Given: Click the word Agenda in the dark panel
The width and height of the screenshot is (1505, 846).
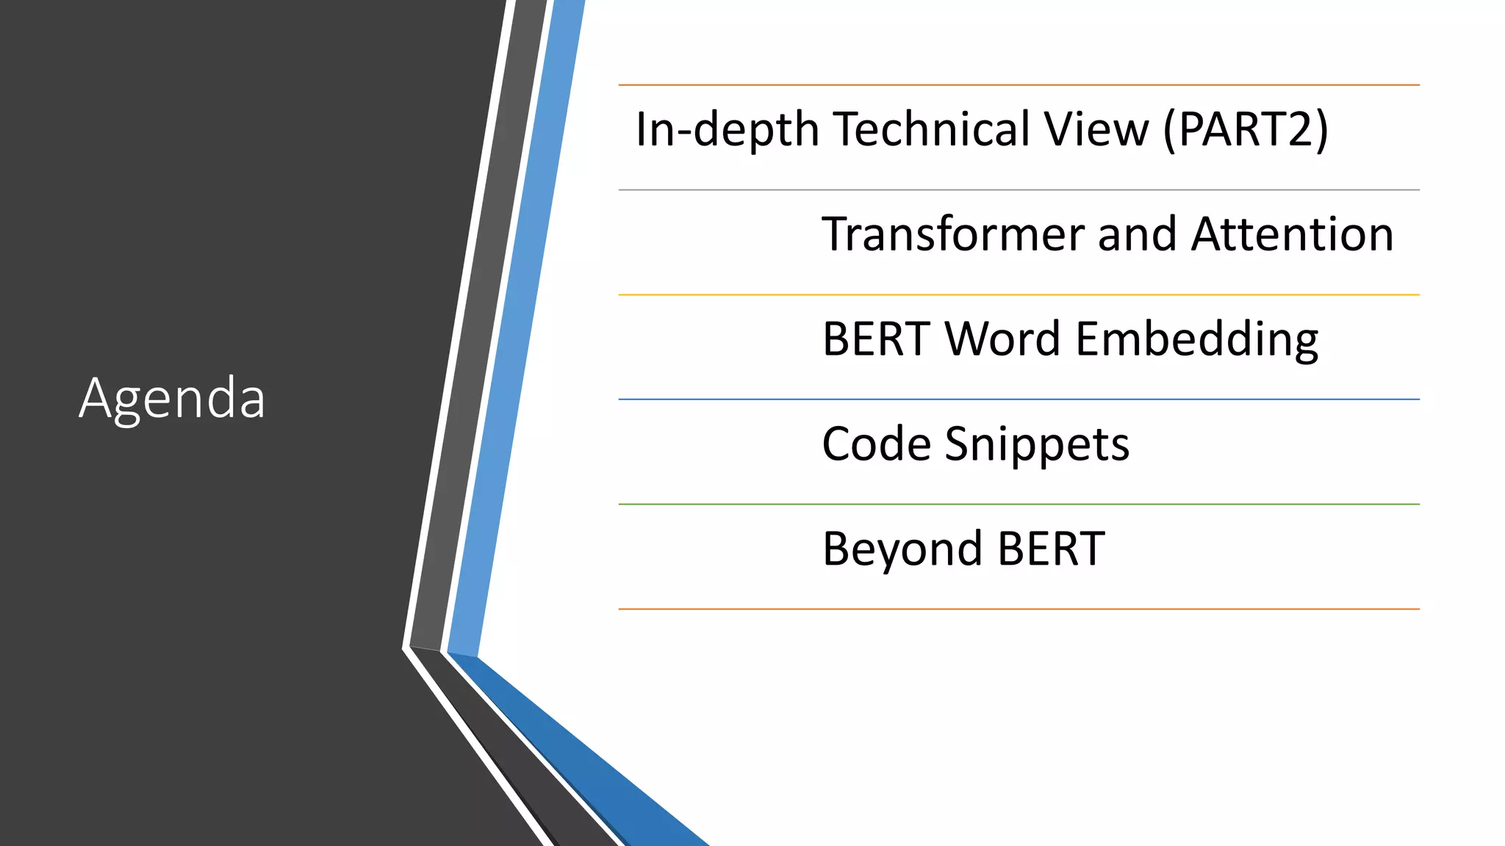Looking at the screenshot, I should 172,399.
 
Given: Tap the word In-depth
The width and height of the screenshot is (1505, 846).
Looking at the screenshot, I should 727,129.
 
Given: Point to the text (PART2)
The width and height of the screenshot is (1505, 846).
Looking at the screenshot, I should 1246,129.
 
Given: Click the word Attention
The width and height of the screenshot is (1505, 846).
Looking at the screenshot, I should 1293,234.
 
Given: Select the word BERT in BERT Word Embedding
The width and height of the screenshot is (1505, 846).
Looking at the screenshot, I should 876,339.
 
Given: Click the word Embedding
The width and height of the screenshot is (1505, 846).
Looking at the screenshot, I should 1197,341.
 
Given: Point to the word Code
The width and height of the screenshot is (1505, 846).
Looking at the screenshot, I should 876,444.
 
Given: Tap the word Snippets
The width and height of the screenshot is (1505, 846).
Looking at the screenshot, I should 1037,446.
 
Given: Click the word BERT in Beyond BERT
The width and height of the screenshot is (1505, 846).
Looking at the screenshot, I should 1052,549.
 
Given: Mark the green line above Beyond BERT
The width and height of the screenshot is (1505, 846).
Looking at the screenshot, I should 1019,505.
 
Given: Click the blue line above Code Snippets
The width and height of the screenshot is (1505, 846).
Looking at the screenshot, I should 1019,399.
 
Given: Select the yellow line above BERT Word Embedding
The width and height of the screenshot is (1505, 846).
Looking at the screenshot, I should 1019,294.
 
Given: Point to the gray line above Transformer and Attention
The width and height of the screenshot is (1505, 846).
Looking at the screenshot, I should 1019,190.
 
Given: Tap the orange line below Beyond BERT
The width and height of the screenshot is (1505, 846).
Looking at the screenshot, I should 1019,609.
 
